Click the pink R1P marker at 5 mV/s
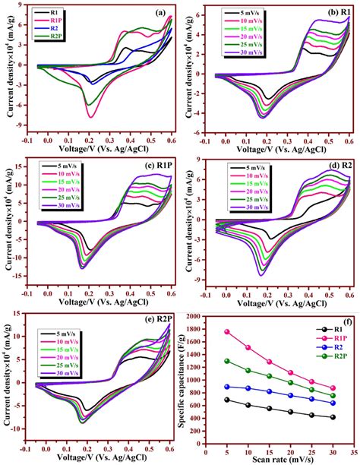tap(226, 332)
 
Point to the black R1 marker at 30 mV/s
tap(333, 417)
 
